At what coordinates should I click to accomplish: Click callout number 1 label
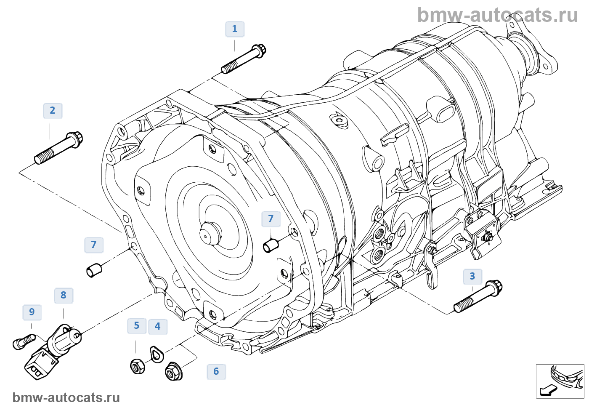235,29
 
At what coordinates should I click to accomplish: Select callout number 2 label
53,111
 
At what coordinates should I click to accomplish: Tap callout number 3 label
472,276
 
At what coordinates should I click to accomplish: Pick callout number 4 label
158,326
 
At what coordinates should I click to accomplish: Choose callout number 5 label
137,325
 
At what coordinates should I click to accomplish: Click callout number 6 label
216,371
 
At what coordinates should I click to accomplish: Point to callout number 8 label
64,295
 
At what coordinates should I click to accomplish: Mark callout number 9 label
32,312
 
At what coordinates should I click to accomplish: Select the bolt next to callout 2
59,148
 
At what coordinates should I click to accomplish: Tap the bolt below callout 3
478,296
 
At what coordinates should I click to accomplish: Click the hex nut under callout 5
137,366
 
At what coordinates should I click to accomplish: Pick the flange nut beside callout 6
173,371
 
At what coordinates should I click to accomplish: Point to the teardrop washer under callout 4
157,354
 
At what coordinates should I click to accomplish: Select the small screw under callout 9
23,341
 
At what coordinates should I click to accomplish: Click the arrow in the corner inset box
548,390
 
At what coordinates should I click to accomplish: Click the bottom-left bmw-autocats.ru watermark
66,397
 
